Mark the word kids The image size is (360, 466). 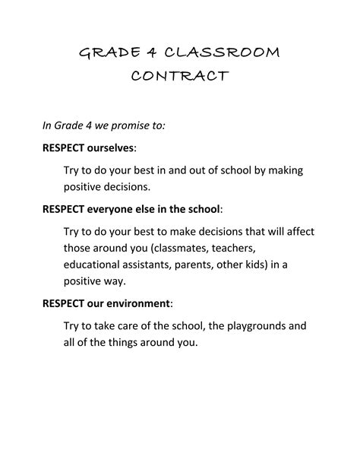point(274,265)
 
